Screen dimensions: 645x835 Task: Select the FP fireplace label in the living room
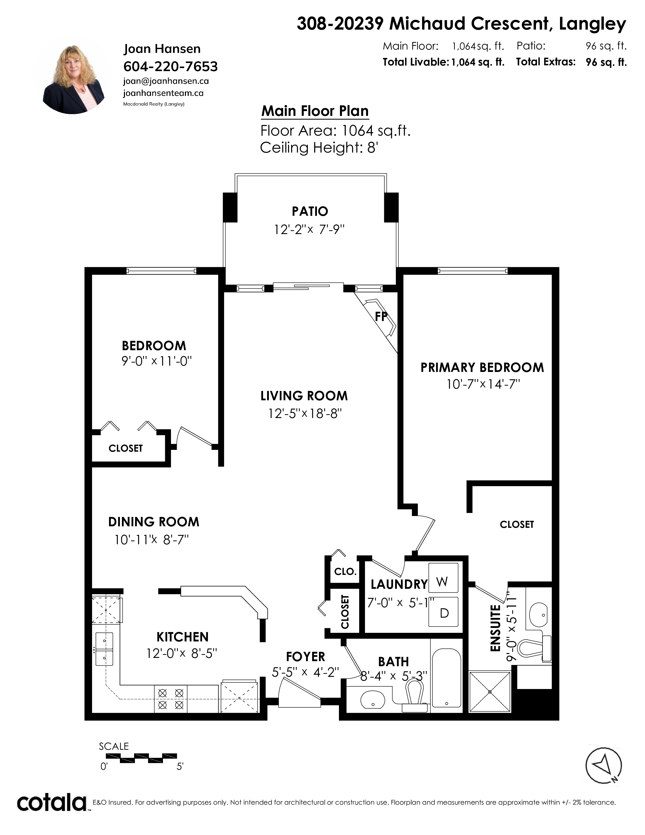coord(381,316)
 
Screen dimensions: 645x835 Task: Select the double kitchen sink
coord(104,649)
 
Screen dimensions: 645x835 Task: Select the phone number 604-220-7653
coord(170,67)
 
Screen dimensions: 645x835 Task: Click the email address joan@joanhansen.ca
coord(166,81)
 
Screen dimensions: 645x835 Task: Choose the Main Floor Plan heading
coord(315,111)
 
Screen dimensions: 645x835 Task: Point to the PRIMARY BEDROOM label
coord(482,367)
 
